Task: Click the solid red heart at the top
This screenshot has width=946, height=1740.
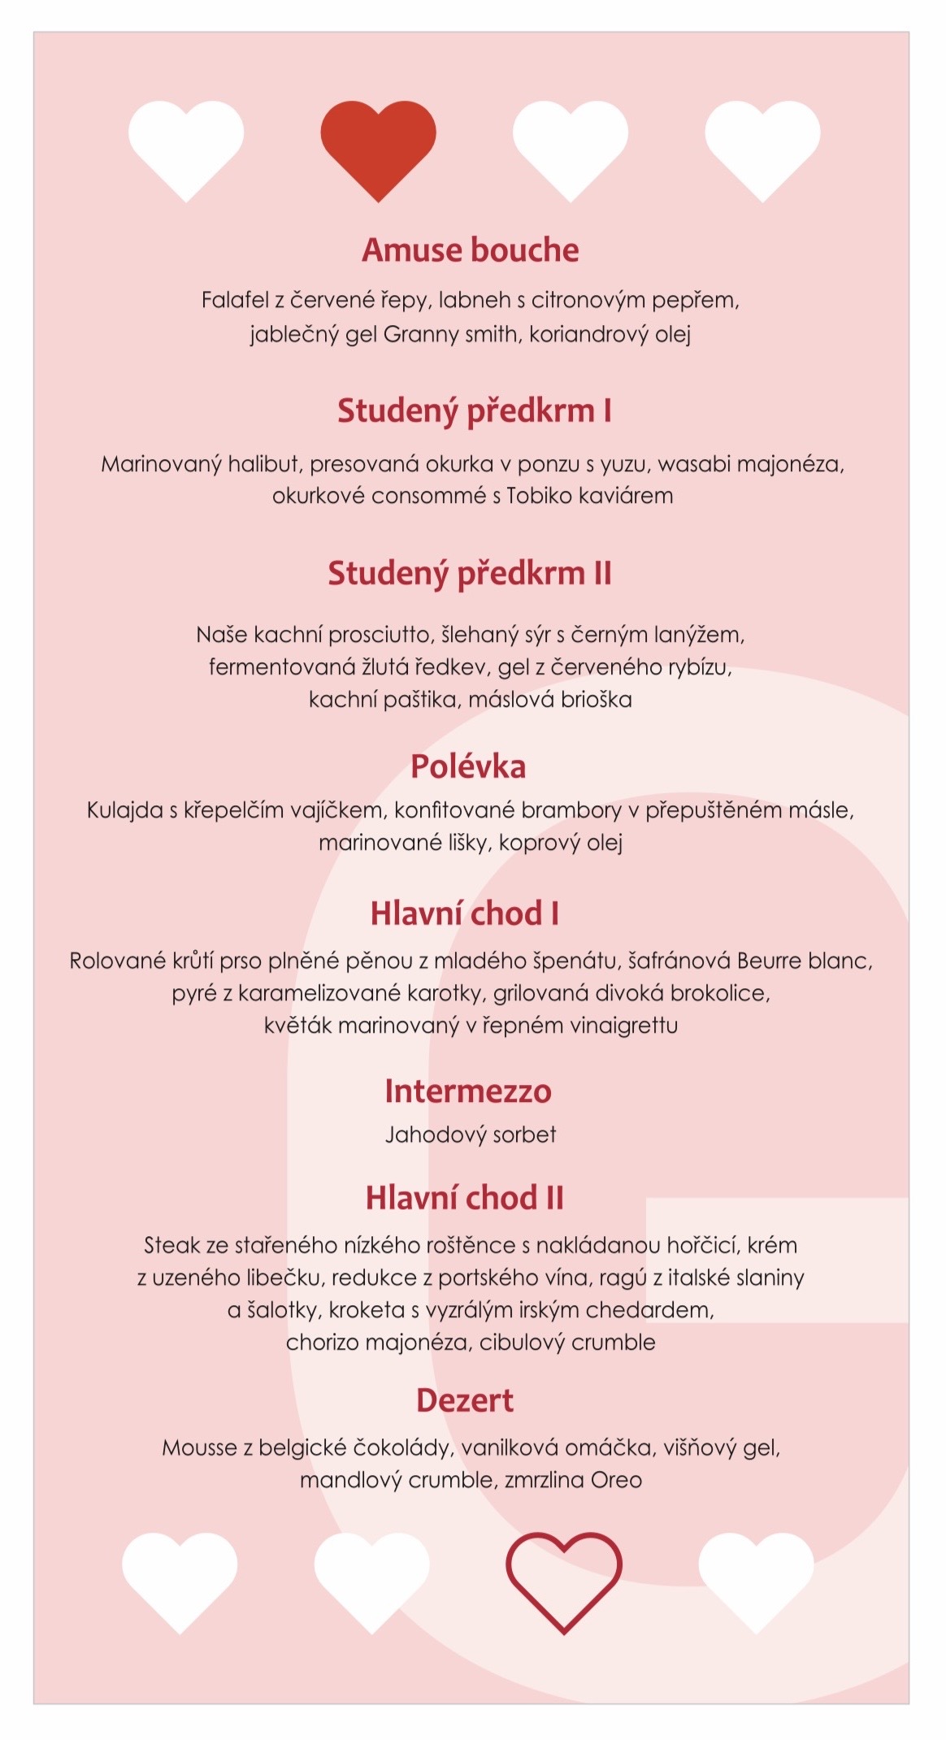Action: (378, 146)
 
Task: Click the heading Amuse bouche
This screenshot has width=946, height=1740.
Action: (470, 250)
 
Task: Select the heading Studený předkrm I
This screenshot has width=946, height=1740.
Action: (474, 411)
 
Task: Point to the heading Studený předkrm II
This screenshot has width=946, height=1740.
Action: (469, 574)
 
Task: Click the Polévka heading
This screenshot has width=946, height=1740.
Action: (467, 766)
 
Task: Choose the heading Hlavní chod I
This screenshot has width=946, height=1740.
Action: (464, 913)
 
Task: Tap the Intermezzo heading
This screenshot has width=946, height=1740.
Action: (467, 1091)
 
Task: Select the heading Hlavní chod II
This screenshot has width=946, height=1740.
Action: (464, 1198)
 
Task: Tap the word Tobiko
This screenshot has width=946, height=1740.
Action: (540, 496)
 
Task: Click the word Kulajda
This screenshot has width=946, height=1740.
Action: (124, 810)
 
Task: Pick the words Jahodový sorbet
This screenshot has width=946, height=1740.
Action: (471, 1135)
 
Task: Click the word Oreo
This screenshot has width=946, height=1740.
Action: (616, 1480)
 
